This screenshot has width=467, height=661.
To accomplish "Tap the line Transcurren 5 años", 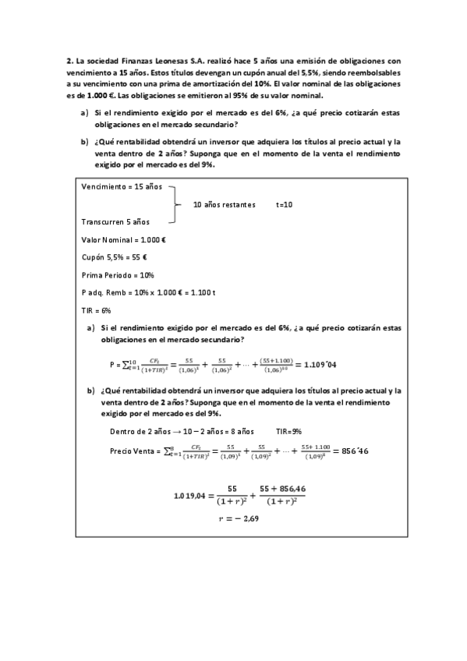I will tap(115, 221).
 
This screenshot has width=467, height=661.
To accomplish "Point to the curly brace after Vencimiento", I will tap(177, 204).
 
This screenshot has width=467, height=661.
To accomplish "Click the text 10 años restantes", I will tap(224, 204).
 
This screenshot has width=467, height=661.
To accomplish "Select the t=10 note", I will tap(285, 204).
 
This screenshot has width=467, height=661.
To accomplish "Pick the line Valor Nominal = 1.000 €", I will tap(123, 239).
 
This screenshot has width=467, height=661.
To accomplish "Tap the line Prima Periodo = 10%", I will tap(118, 274).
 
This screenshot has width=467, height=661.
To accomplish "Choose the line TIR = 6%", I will tap(97, 309).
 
